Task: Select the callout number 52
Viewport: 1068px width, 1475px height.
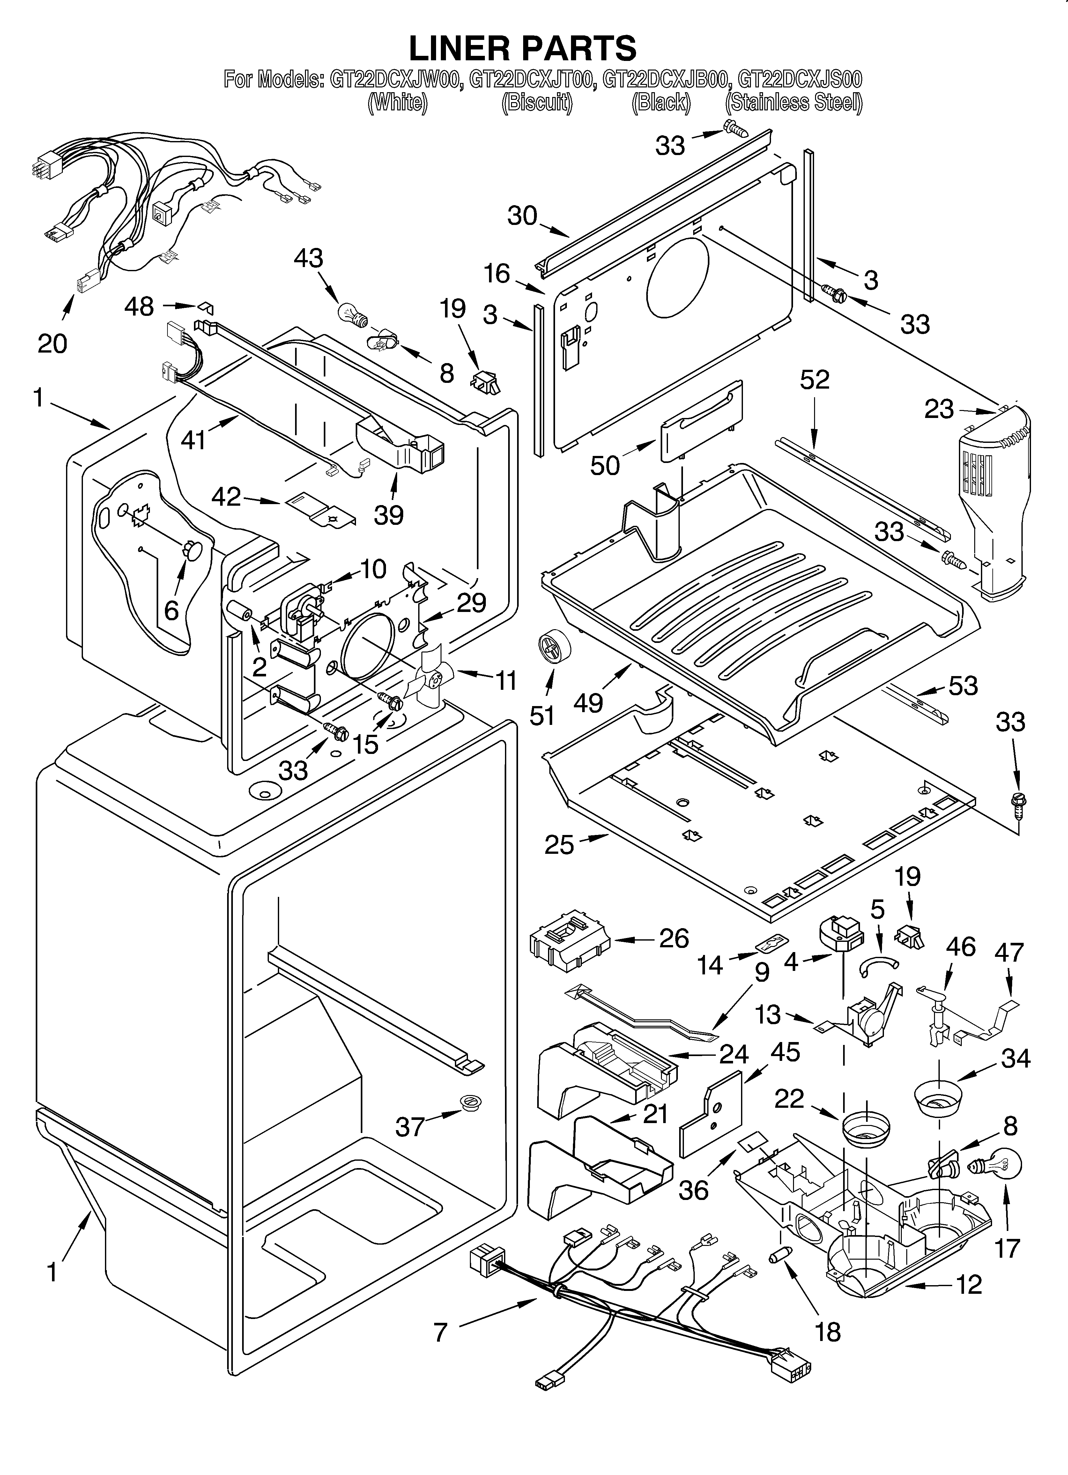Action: [814, 380]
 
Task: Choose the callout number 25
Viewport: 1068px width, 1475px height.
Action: [559, 845]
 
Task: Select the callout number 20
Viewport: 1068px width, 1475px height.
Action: [52, 343]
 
